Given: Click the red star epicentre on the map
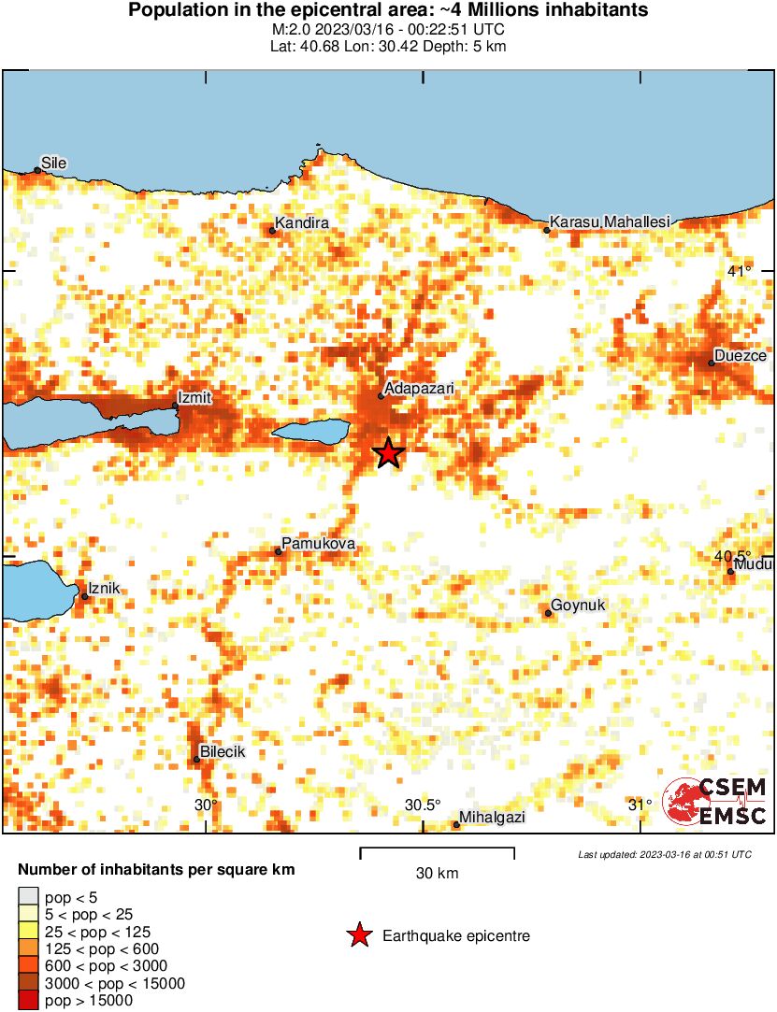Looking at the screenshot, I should (x=388, y=454).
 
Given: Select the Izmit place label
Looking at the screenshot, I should (x=196, y=398).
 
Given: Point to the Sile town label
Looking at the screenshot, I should (x=54, y=163).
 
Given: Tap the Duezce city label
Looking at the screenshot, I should (x=740, y=356).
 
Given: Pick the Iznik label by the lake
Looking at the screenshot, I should (x=105, y=590).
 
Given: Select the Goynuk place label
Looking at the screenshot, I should (x=578, y=606).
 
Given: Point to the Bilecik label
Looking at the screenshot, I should (x=223, y=752).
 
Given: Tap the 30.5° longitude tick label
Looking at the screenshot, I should (x=423, y=805).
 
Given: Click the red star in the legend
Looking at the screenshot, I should (x=358, y=935).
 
